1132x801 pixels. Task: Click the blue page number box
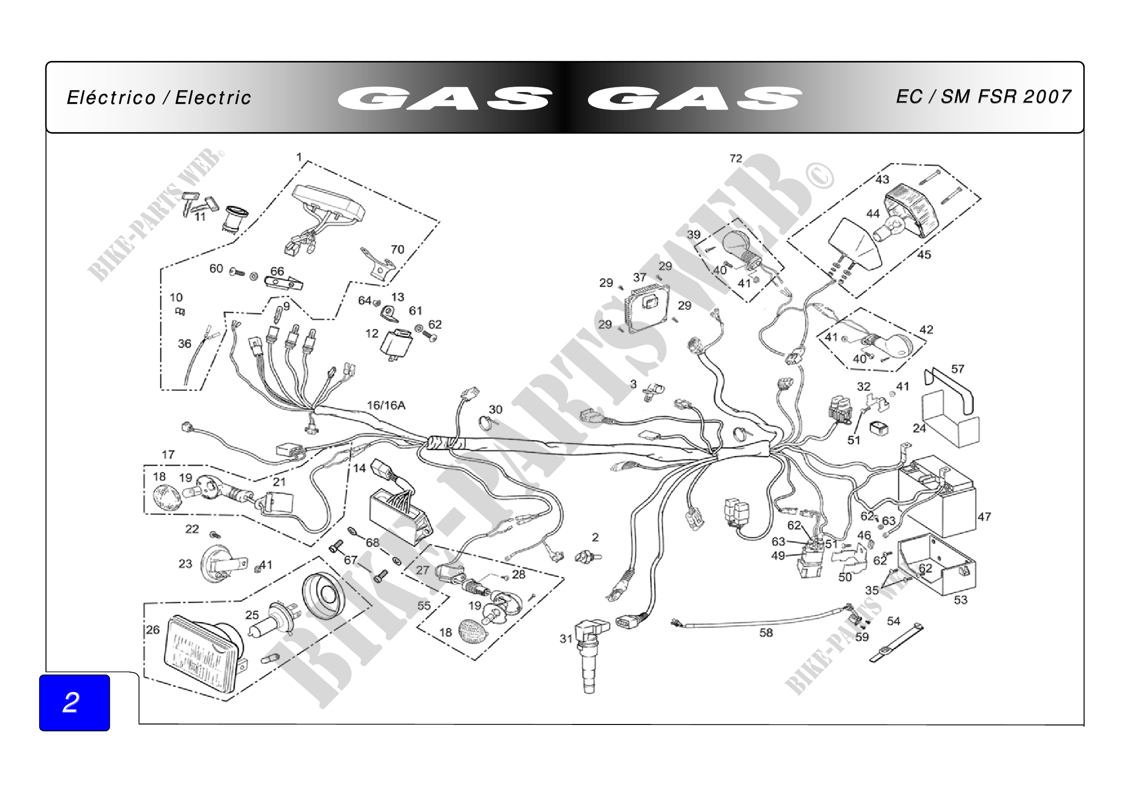click(x=75, y=702)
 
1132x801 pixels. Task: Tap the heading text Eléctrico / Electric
click(x=159, y=98)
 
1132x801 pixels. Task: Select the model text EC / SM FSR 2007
click(x=983, y=97)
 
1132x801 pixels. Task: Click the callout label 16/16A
click(x=386, y=405)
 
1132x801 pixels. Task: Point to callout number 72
click(x=736, y=158)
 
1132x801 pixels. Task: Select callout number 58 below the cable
click(x=766, y=633)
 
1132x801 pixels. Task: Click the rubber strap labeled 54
click(x=896, y=644)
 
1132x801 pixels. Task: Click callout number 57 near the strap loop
click(x=957, y=369)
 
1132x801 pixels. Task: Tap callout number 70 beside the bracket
click(x=397, y=249)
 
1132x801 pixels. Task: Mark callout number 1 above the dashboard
click(x=299, y=157)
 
